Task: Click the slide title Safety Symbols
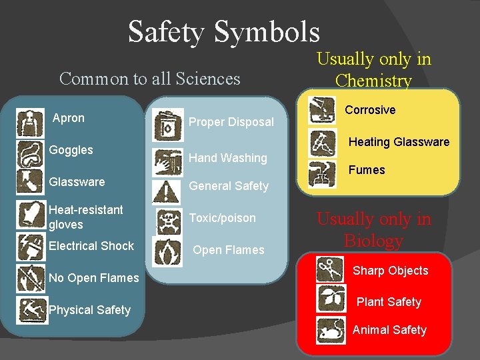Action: (x=224, y=31)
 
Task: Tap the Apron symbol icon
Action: (x=30, y=123)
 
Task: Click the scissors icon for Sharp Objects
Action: (x=330, y=269)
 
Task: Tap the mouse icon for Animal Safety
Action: (x=331, y=331)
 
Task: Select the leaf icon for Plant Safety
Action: (x=331, y=299)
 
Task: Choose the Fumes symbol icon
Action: (x=322, y=174)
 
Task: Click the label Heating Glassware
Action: (x=399, y=142)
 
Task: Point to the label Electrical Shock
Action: (x=91, y=246)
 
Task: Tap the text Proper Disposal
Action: (x=231, y=122)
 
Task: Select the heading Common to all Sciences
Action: (x=149, y=79)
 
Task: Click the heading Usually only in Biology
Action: (x=373, y=229)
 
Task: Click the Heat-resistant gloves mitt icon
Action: (x=30, y=215)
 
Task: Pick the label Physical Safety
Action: (x=90, y=310)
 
